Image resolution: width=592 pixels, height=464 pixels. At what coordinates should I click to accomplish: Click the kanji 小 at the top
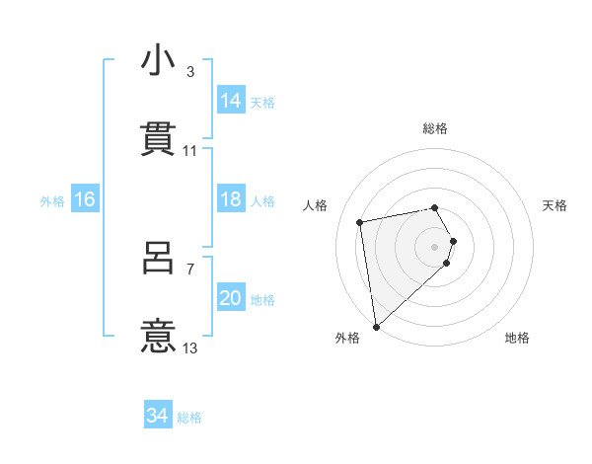pos(158,61)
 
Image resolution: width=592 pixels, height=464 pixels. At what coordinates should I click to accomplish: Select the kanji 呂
pos(158,260)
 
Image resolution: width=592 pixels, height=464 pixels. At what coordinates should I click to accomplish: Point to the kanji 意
pos(158,337)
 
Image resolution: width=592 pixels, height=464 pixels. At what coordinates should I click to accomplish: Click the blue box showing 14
pos(231,101)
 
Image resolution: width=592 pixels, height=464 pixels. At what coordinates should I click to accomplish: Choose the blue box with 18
pos(231,199)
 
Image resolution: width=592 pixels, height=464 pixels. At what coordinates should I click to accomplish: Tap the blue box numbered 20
pos(231,299)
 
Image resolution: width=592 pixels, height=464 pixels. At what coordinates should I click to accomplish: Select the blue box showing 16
pos(85,199)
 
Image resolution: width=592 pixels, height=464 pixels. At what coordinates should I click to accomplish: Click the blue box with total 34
pos(158,416)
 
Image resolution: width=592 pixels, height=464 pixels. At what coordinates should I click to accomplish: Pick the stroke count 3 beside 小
pos(190,72)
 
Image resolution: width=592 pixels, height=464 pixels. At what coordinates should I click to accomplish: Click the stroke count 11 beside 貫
pos(190,150)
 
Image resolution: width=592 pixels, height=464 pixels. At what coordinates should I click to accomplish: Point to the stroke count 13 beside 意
pos(190,348)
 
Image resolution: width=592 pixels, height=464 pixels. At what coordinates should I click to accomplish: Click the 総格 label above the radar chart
pos(435,128)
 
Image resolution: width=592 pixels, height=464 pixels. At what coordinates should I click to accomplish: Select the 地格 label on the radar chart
pos(517,338)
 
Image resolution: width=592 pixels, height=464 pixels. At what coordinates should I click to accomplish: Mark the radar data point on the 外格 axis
pos(376,326)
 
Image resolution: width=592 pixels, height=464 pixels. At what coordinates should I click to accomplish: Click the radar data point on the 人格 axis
pos(360,221)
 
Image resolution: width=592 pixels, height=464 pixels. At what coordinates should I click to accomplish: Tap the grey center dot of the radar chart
pos(435,245)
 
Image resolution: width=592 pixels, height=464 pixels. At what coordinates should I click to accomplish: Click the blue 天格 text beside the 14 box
pos(262,102)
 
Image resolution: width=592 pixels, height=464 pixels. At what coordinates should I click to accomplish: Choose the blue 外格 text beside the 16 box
pos(52,200)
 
